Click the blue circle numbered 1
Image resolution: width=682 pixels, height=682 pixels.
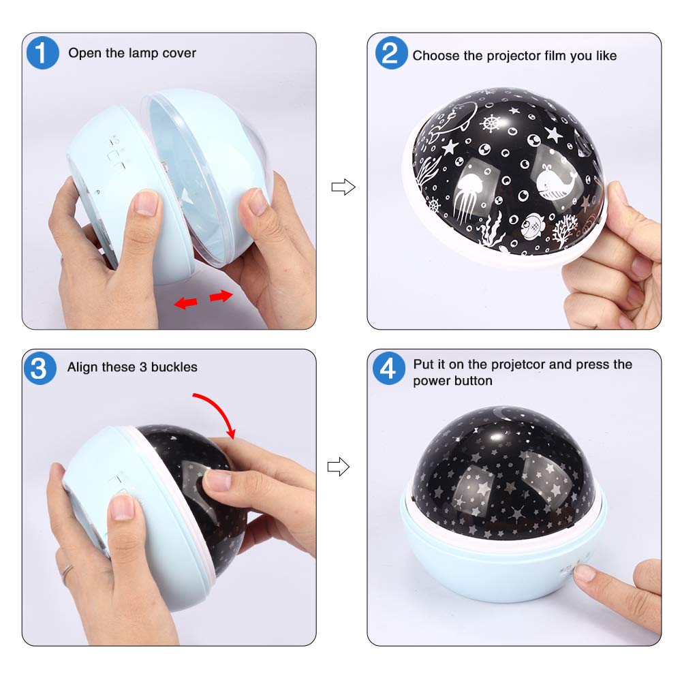coord(42,52)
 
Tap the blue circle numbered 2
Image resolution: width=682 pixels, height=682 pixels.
coord(391,52)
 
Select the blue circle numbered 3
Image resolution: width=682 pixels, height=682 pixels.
coord(40,368)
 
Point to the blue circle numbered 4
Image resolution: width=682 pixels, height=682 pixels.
coord(389,368)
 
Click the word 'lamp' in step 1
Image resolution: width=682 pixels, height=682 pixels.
coord(143,53)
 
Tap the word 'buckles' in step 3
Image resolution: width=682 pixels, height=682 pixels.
coord(174,367)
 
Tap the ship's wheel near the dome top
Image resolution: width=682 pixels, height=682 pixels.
coord(491,123)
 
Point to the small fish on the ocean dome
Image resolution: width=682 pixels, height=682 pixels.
coord(531,226)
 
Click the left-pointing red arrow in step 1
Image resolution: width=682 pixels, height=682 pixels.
coord(186,303)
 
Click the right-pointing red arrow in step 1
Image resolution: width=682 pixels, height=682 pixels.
coord(221,296)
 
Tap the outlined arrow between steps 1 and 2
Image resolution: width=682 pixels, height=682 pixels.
coord(343,187)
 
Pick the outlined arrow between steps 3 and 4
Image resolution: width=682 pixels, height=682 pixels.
coord(339,467)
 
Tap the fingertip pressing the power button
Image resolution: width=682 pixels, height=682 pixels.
coord(583,572)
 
